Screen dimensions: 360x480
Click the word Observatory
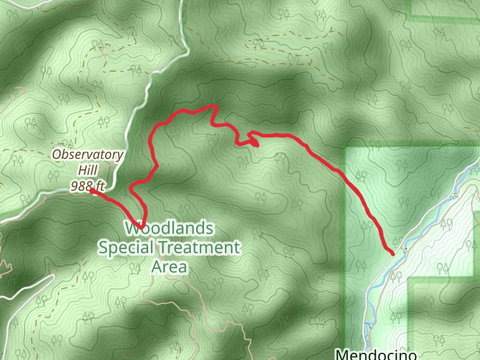[88, 155]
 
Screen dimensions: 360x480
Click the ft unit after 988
[100, 186]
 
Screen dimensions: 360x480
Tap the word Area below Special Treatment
[169, 266]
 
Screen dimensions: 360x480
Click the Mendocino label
[376, 354]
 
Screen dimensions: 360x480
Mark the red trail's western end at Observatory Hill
[92, 191]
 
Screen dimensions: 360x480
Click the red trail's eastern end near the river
[392, 254]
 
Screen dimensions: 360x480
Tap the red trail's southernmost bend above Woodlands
[143, 226]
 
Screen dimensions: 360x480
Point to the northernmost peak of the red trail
[213, 106]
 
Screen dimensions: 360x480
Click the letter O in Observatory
[57, 155]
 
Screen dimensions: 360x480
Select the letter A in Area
[156, 266]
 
